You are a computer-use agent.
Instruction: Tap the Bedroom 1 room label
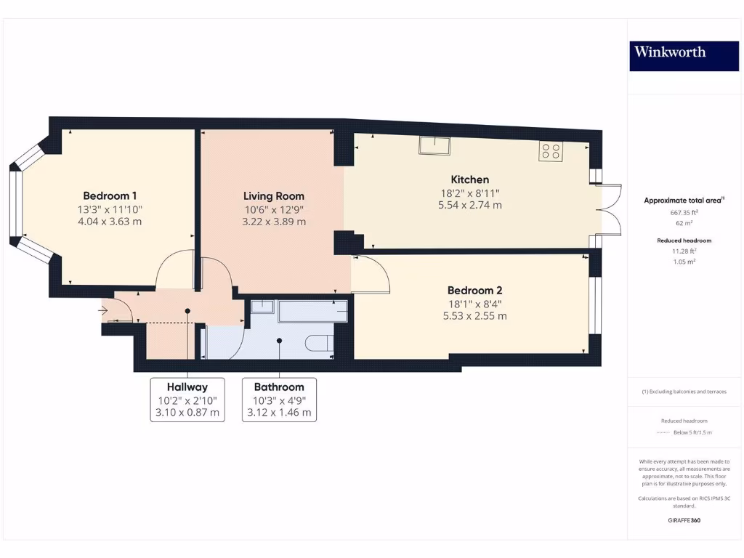(110, 195)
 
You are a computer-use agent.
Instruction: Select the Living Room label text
(273, 195)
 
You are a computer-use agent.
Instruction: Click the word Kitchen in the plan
(470, 179)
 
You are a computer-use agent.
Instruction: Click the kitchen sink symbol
(434, 146)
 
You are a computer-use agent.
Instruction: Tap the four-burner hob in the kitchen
(550, 151)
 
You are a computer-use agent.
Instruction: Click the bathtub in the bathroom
(312, 311)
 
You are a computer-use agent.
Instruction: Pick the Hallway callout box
(187, 400)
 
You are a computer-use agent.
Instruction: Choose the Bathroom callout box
(279, 400)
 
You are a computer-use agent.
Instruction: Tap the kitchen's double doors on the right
(609, 210)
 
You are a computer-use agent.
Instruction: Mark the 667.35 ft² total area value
(684, 213)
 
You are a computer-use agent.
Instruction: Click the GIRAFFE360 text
(684, 520)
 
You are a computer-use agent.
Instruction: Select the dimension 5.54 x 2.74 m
(470, 205)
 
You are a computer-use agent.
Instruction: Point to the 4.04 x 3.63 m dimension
(110, 221)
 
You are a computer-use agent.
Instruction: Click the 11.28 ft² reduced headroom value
(684, 251)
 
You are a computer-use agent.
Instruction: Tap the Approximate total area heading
(684, 200)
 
